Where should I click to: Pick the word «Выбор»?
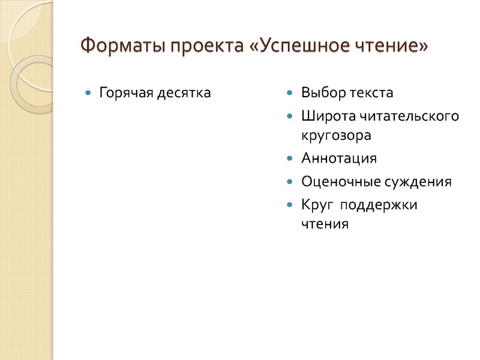[321, 93]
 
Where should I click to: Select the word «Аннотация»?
[339, 158]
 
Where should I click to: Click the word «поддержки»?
[379, 205]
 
